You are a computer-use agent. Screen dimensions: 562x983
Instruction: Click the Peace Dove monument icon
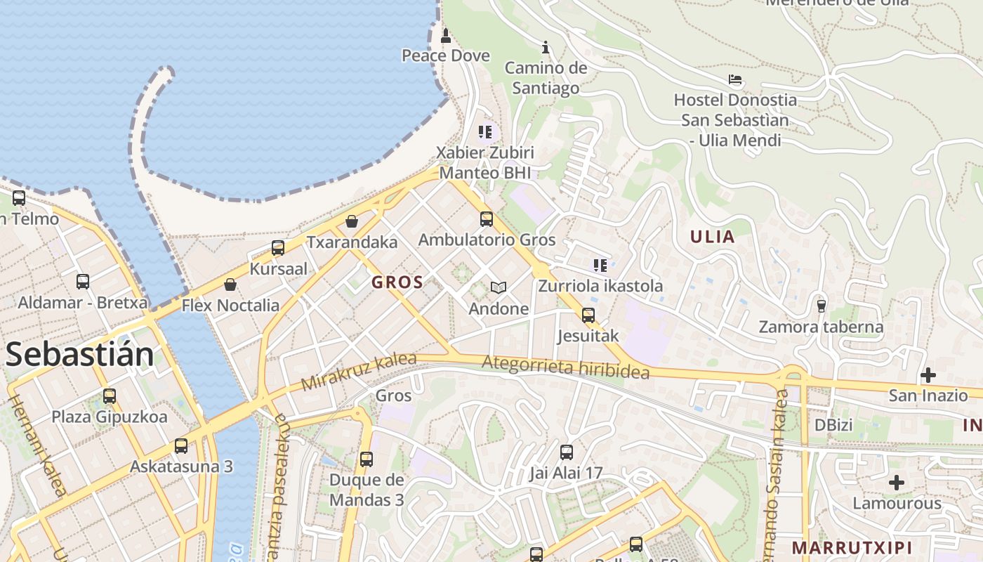tap(445, 36)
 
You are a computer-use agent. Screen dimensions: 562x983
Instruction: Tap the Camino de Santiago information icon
tap(546, 48)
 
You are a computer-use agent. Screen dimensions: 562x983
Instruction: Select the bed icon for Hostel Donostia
tap(735, 79)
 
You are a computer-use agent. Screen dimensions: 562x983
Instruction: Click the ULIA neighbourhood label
tap(712, 237)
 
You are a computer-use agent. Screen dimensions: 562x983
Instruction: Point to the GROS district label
tap(397, 282)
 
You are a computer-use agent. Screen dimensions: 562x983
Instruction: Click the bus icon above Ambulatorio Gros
tap(487, 219)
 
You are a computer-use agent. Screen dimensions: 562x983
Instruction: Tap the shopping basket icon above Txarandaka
tap(352, 221)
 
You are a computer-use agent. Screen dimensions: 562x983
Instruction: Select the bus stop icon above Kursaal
tap(278, 248)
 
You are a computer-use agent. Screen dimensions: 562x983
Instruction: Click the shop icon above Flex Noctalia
tap(230, 285)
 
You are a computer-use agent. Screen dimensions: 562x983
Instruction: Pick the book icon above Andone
tap(499, 287)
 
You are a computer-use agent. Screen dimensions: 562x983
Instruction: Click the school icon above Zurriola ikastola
tap(600, 265)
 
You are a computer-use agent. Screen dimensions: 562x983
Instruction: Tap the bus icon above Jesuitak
tap(588, 315)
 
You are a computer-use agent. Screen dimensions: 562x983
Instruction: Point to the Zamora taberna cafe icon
tap(821, 306)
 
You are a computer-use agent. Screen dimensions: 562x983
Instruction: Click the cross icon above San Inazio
tap(928, 375)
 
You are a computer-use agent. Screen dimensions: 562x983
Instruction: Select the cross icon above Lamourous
tap(897, 483)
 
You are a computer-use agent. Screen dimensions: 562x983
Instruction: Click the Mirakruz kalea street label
tap(359, 372)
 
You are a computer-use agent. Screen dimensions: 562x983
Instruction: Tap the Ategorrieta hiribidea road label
tap(566, 367)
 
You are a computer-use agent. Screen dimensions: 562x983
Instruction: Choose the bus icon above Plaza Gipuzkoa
tap(110, 396)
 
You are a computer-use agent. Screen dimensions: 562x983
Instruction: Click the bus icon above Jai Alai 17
tap(567, 452)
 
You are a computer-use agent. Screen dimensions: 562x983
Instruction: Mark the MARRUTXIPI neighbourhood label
tap(852, 547)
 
